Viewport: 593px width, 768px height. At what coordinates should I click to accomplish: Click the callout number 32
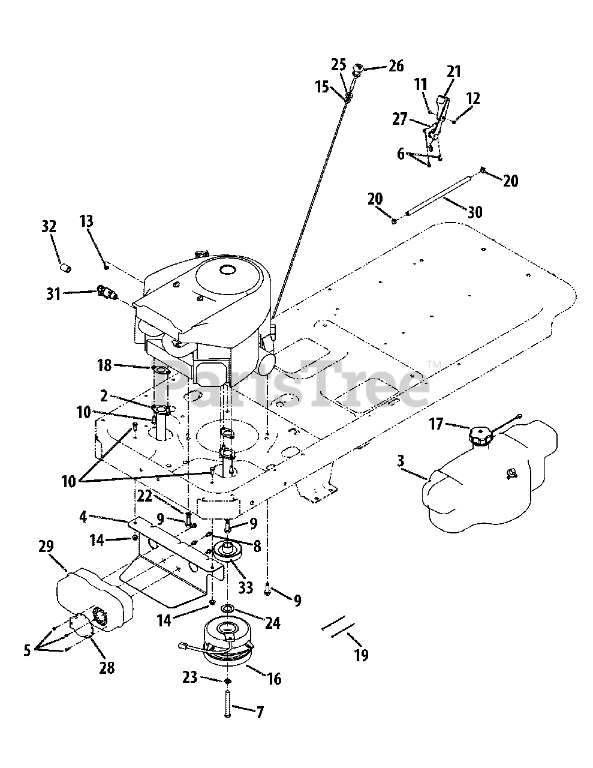(49, 227)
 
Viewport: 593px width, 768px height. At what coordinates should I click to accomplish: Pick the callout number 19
(360, 655)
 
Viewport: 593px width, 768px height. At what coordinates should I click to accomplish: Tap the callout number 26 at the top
(396, 66)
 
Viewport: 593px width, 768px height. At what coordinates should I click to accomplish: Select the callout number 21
(453, 72)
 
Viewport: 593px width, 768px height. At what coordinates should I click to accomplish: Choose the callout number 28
(106, 667)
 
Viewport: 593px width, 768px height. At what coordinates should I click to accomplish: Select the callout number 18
(104, 364)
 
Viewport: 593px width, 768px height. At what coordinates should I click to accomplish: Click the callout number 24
(272, 623)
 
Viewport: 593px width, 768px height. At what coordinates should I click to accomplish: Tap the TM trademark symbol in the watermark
(434, 364)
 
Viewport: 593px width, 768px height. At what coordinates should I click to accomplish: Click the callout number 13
(86, 221)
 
